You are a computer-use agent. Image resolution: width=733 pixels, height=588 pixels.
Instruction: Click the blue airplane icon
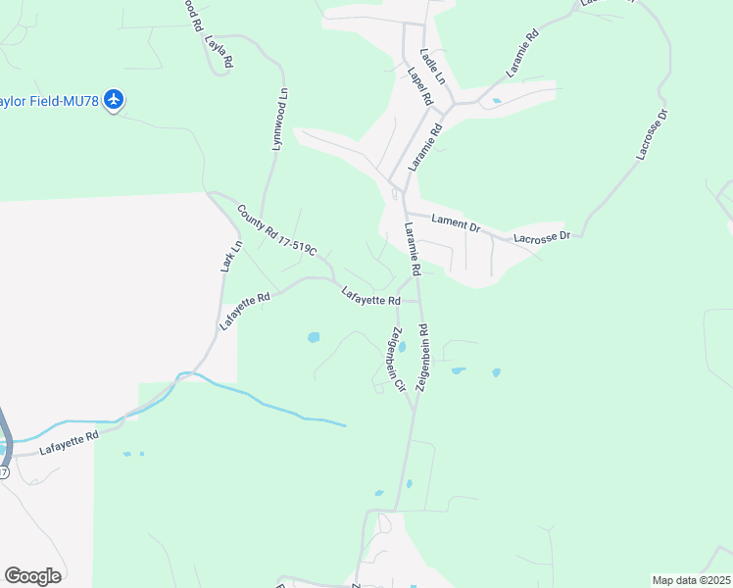pyautogui.click(x=116, y=99)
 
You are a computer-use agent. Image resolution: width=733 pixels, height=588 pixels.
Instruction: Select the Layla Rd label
pyautogui.click(x=219, y=52)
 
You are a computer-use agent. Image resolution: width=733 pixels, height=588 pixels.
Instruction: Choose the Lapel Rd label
pyautogui.click(x=419, y=86)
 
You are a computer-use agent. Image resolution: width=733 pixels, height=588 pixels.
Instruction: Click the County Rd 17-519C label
pyautogui.click(x=277, y=231)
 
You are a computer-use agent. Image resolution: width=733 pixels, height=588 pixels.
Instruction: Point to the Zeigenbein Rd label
pyautogui.click(x=423, y=359)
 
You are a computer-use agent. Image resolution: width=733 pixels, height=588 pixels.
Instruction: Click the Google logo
pyautogui.click(x=32, y=576)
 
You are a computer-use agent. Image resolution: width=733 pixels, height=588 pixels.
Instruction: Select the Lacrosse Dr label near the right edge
pyautogui.click(x=651, y=133)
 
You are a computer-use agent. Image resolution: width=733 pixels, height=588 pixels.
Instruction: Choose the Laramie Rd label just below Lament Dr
pyautogui.click(x=412, y=249)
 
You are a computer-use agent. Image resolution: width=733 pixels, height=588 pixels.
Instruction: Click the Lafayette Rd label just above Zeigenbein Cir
pyautogui.click(x=371, y=295)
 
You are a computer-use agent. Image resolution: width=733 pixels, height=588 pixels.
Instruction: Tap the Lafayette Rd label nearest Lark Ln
pyautogui.click(x=243, y=309)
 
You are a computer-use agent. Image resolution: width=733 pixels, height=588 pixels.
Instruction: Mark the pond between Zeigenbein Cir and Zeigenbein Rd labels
pyautogui.click(x=402, y=347)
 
